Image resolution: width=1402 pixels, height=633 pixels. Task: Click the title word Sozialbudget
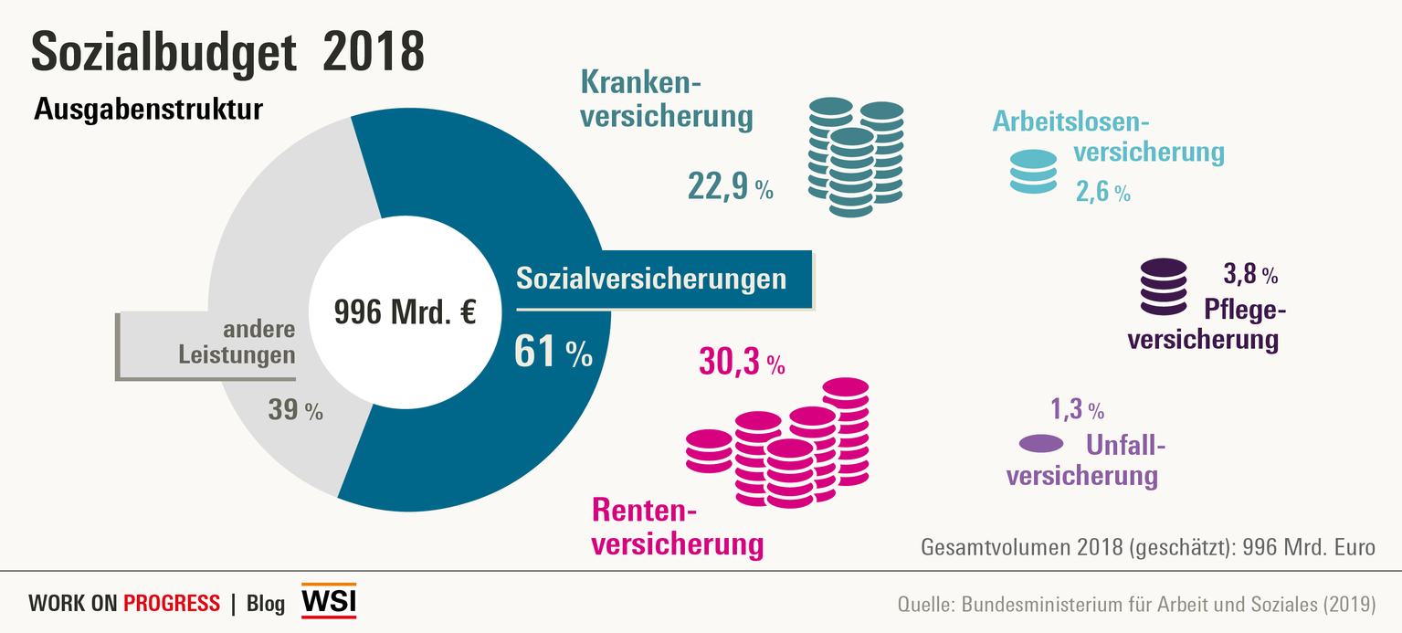point(164,52)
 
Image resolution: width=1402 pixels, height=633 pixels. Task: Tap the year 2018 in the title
point(374,52)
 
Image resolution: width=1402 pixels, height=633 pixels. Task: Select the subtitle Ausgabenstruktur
point(148,110)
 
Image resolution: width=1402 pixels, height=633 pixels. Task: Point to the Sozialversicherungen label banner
point(651,278)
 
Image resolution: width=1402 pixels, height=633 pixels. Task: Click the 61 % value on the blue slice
point(553,353)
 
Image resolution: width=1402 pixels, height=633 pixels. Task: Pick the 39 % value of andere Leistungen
point(295,410)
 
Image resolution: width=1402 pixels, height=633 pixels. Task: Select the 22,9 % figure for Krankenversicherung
point(730,187)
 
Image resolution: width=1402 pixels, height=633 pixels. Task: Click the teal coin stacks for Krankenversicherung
point(856,157)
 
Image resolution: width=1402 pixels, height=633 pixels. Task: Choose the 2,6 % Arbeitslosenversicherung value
point(1102,193)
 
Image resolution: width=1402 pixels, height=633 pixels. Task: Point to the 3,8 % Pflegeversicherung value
point(1249,273)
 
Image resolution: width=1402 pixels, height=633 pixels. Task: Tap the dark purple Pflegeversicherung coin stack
point(1165,288)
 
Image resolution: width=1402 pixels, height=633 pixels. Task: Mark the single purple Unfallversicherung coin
point(1041,444)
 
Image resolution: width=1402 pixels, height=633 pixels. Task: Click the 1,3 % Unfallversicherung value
point(1078,409)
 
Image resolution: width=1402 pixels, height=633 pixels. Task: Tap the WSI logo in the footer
point(329,601)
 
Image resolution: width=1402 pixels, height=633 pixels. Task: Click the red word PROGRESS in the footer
point(172,603)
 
